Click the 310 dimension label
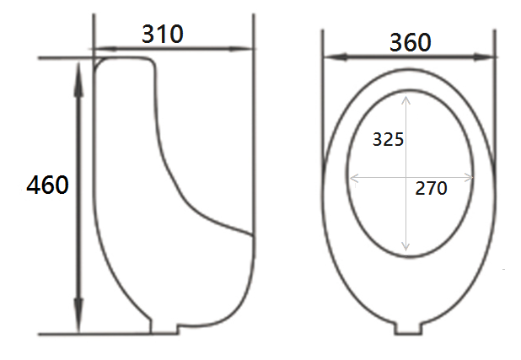(163, 34)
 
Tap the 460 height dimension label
(47, 185)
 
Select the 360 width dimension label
(411, 42)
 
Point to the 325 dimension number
(388, 139)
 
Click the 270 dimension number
(431, 189)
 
